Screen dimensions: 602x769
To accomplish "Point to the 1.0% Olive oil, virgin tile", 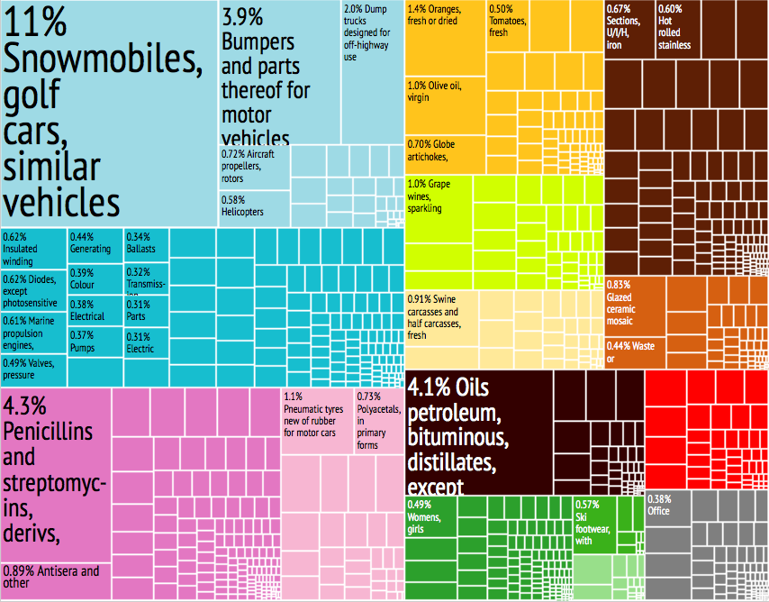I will tap(445, 105).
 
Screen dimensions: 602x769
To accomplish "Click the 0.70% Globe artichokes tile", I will tap(445, 153).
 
